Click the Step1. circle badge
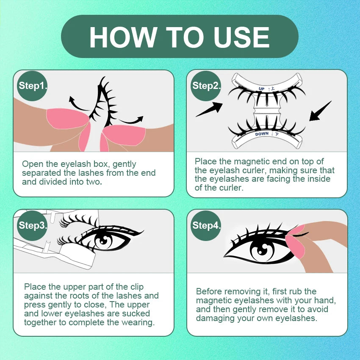click(32, 86)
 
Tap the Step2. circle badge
click(206, 86)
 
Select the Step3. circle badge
click(32, 225)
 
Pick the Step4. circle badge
click(206, 225)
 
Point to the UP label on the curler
click(261, 89)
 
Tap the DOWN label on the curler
click(262, 133)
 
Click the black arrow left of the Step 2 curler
click(209, 109)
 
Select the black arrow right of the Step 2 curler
click(320, 111)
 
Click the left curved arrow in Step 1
click(77, 105)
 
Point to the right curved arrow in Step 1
click(131, 120)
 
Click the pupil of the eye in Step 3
click(104, 241)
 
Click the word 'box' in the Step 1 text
click(100, 164)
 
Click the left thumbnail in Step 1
click(67, 118)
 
